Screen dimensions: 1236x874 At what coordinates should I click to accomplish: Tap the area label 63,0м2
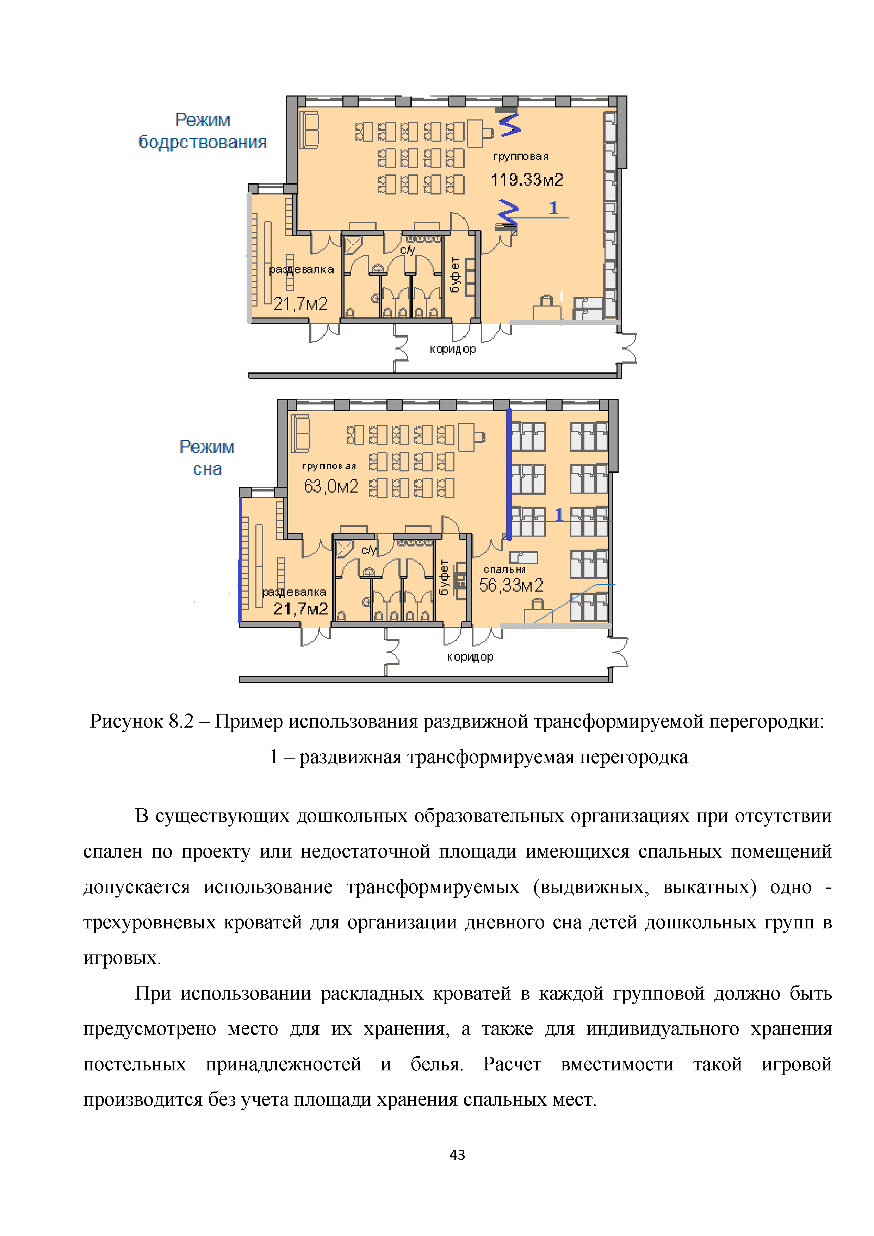point(330,486)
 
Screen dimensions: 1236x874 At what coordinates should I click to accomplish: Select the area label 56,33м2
point(511,585)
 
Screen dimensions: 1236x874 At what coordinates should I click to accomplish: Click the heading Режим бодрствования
point(203,131)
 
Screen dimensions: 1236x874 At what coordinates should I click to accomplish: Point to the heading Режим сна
point(207,458)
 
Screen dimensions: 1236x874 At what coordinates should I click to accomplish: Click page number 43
point(457,1154)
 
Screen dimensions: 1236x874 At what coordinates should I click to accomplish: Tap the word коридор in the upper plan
point(453,349)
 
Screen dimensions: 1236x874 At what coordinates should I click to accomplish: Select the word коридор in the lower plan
point(470,657)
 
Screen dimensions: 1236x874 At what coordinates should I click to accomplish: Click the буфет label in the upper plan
point(455,274)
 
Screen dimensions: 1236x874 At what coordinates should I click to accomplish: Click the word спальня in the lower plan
point(504,569)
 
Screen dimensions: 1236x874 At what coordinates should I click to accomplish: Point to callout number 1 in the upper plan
point(553,208)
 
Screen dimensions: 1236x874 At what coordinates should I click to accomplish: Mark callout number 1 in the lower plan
point(559,515)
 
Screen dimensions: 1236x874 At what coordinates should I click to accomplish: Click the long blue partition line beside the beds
point(509,474)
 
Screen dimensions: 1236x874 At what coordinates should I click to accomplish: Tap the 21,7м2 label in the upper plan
point(300,304)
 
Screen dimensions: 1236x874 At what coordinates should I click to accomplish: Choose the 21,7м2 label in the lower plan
point(300,609)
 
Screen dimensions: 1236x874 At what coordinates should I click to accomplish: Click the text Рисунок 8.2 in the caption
point(141,721)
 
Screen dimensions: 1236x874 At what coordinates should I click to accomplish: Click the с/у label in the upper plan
point(407,250)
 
